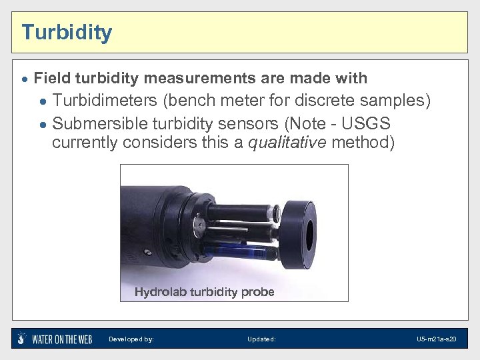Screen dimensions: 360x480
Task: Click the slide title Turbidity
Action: coord(67,32)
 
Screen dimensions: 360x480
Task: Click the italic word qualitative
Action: coord(287,143)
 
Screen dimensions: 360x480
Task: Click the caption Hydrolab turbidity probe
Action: coord(204,292)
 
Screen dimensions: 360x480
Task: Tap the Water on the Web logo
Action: coord(55,339)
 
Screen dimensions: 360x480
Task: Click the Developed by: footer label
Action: coord(131,339)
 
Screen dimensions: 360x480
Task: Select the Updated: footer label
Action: coord(261,339)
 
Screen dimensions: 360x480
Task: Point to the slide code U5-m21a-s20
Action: coord(436,339)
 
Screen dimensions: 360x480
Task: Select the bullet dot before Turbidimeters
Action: coord(43,102)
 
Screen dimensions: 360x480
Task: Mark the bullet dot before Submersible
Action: coord(43,125)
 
